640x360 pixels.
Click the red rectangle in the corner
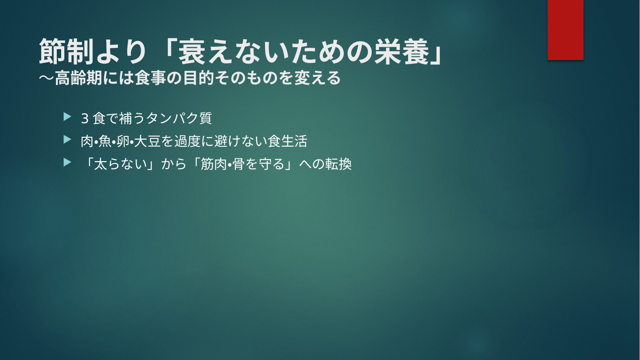565,30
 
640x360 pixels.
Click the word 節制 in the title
67,52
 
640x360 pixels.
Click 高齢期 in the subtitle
79,78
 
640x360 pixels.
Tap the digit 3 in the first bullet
85,118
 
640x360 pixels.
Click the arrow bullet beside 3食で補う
68,117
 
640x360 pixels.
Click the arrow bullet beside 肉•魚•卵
68,140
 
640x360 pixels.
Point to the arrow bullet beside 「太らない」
68,162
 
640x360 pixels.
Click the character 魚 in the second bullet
105,141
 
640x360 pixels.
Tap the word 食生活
287,141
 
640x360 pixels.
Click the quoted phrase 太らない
120,164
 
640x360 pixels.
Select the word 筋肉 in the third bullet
214,164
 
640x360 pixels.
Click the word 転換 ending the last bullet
339,164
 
